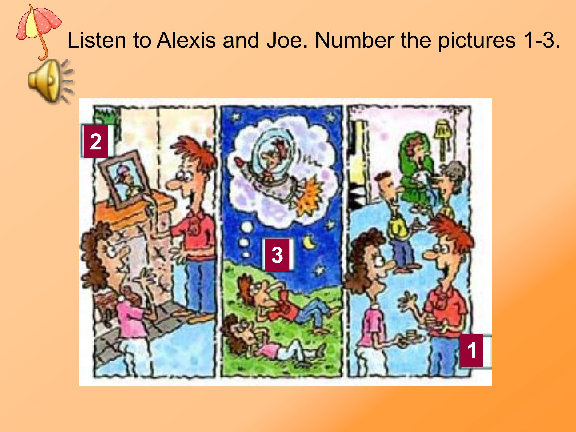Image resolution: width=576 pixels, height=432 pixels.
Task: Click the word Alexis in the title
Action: (186, 40)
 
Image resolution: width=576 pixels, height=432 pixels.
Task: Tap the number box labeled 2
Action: (96, 142)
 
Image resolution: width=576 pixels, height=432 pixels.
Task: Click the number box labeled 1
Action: (472, 350)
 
